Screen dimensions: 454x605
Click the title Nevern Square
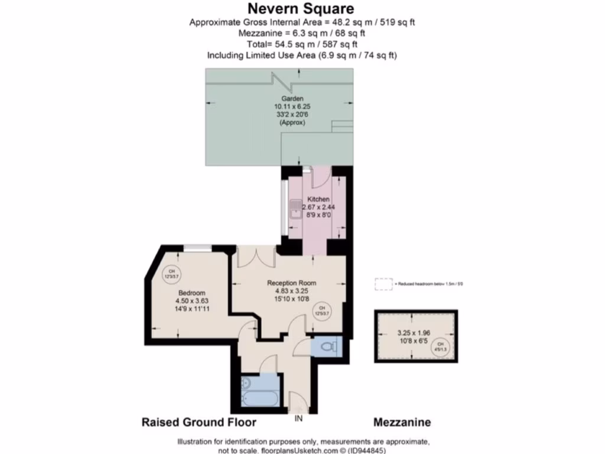tap(301, 8)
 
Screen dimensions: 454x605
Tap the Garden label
tap(292, 98)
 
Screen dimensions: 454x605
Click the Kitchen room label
tap(318, 200)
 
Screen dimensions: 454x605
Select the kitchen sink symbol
tap(295, 208)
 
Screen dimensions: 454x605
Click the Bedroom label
tap(192, 293)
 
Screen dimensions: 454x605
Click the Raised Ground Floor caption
tap(199, 423)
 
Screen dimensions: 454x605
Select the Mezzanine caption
tap(402, 423)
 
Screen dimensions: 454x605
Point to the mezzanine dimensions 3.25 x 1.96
tap(415, 333)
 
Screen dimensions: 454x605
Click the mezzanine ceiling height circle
tap(440, 346)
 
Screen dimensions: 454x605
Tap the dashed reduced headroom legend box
tap(383, 284)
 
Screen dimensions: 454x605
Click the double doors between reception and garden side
tap(256, 256)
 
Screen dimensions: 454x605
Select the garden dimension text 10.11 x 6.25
tap(292, 106)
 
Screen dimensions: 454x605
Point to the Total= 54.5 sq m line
tap(302, 44)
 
